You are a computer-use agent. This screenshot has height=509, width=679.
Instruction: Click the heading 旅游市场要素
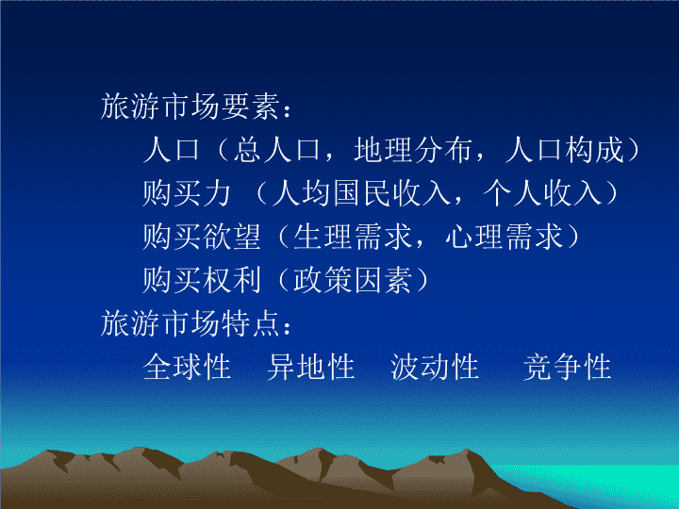tap(190, 107)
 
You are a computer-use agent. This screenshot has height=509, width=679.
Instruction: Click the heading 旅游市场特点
tap(190, 323)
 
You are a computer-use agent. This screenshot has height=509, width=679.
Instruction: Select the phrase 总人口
tap(277, 150)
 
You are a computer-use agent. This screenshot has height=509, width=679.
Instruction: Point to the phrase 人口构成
tap(565, 150)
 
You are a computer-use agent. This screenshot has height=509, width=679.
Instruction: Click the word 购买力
tap(187, 193)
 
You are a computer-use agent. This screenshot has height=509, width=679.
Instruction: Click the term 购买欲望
tap(202, 237)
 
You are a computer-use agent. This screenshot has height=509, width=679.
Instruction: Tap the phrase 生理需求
tap(353, 237)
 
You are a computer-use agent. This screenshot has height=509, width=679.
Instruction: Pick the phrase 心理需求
tap(504, 237)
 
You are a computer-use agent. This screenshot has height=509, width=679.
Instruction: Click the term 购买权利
tap(202, 280)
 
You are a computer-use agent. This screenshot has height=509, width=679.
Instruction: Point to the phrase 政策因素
tap(353, 280)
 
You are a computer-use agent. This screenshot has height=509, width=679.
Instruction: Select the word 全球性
tap(187, 368)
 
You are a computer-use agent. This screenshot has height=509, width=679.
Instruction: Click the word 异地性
tap(311, 368)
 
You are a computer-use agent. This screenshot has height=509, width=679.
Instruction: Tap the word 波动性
tap(435, 368)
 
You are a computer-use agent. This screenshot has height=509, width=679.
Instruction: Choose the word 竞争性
tap(568, 368)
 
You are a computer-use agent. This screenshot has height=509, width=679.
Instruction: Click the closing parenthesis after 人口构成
tap(633, 150)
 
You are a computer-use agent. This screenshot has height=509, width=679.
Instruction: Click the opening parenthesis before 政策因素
tap(283, 280)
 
